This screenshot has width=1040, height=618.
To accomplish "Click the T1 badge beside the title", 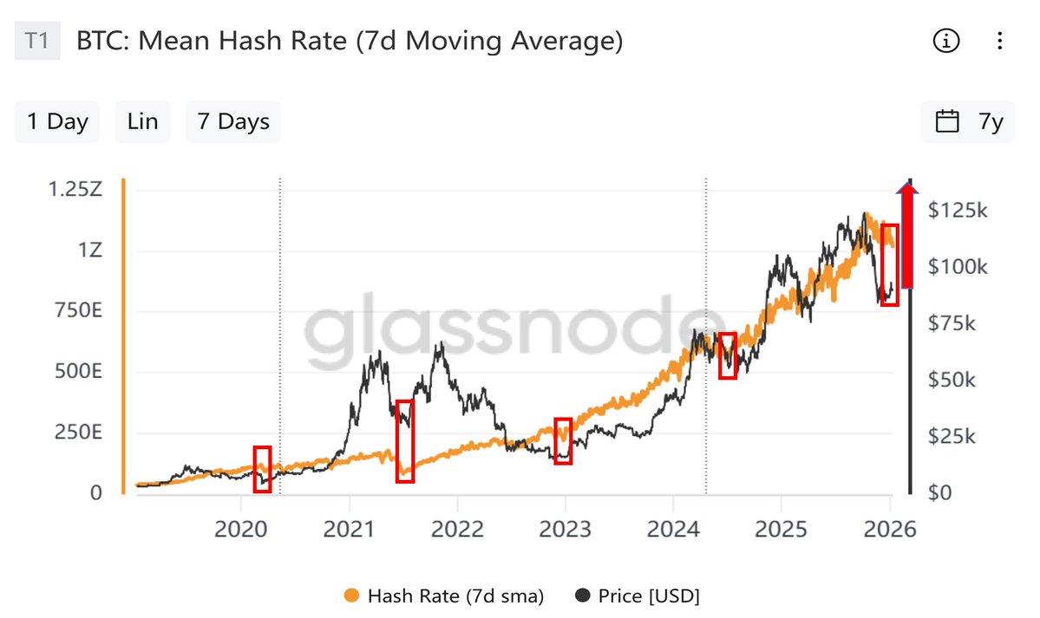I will [x=37, y=42].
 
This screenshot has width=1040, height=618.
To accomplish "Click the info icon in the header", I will [x=945, y=41].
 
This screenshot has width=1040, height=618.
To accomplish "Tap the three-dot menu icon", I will [x=999, y=41].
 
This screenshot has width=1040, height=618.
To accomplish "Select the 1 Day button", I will [x=57, y=121].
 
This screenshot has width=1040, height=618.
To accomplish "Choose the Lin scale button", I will [x=142, y=121].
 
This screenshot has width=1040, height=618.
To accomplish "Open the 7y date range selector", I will [x=968, y=121].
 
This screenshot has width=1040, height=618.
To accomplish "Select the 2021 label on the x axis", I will [x=349, y=529].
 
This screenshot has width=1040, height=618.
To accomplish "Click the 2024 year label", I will [x=672, y=529].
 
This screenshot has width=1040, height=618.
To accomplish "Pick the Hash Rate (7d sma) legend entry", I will [x=444, y=596].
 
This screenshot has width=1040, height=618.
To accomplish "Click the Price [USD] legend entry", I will [x=638, y=596].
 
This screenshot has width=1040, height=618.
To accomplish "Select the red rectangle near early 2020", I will [x=262, y=469].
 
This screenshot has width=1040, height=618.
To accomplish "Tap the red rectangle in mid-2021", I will [x=405, y=440].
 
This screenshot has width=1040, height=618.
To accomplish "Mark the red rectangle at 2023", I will [x=563, y=441].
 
